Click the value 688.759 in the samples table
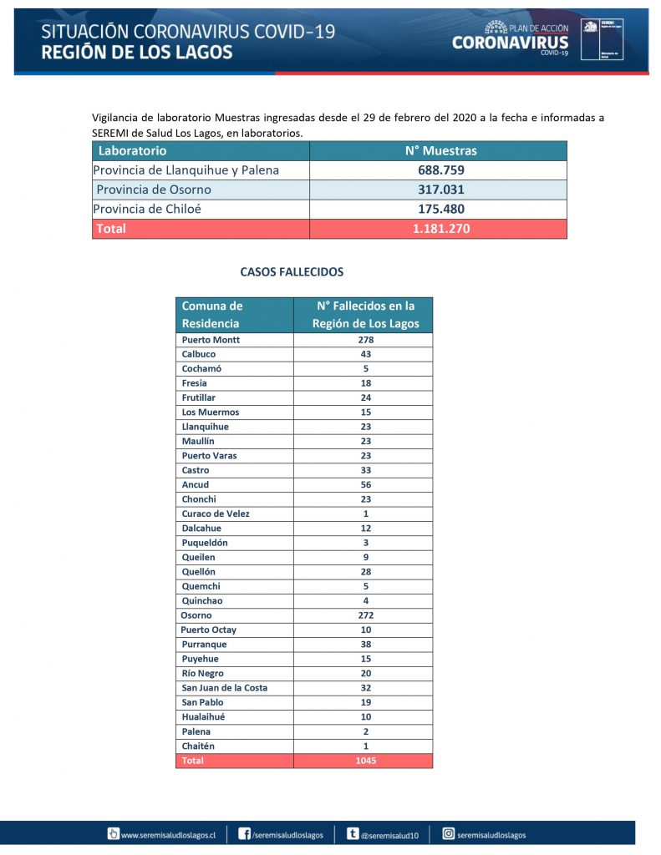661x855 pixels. pyautogui.click(x=441, y=170)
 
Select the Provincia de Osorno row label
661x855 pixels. pyautogui.click(x=154, y=190)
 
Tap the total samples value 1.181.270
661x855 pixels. pyautogui.click(x=441, y=228)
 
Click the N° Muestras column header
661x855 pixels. pyautogui.click(x=441, y=151)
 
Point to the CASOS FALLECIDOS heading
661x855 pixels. pyautogui.click(x=292, y=272)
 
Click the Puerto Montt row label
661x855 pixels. pyautogui.click(x=211, y=340)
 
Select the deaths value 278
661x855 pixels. pyautogui.click(x=365, y=340)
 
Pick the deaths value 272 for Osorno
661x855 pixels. pyautogui.click(x=365, y=615)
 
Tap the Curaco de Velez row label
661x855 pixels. pyautogui.click(x=216, y=514)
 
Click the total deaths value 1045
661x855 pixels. pyautogui.click(x=365, y=761)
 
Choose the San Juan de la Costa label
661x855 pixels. pyautogui.click(x=225, y=688)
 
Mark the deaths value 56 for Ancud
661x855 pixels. pyautogui.click(x=365, y=484)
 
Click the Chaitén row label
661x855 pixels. pyautogui.click(x=199, y=746)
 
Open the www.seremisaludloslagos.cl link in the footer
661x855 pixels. pyautogui.click(x=168, y=835)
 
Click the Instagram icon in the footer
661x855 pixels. pyautogui.click(x=448, y=834)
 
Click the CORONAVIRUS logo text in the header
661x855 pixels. pyautogui.click(x=510, y=43)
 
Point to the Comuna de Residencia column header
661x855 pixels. pyautogui.click(x=212, y=315)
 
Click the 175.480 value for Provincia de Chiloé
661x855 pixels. pyautogui.click(x=441, y=209)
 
